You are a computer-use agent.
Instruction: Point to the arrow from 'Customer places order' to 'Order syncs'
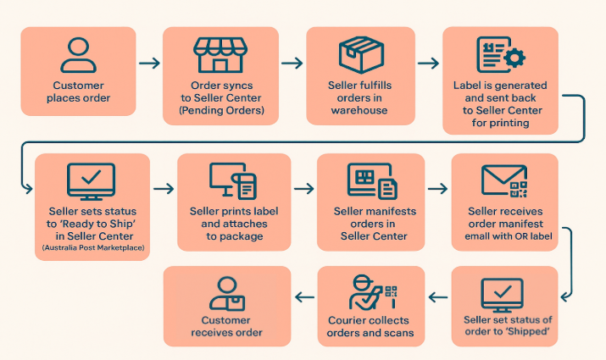tap(149, 64)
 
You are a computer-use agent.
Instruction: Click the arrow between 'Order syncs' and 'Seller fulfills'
tap(292, 64)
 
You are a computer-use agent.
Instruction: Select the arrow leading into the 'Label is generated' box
tap(429, 64)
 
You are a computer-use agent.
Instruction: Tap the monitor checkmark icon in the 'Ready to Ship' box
tap(91, 180)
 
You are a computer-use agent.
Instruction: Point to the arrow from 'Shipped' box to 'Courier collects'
tap(438, 296)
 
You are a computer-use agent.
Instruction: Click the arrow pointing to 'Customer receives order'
tap(304, 296)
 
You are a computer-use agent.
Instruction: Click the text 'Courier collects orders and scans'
tap(370, 326)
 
